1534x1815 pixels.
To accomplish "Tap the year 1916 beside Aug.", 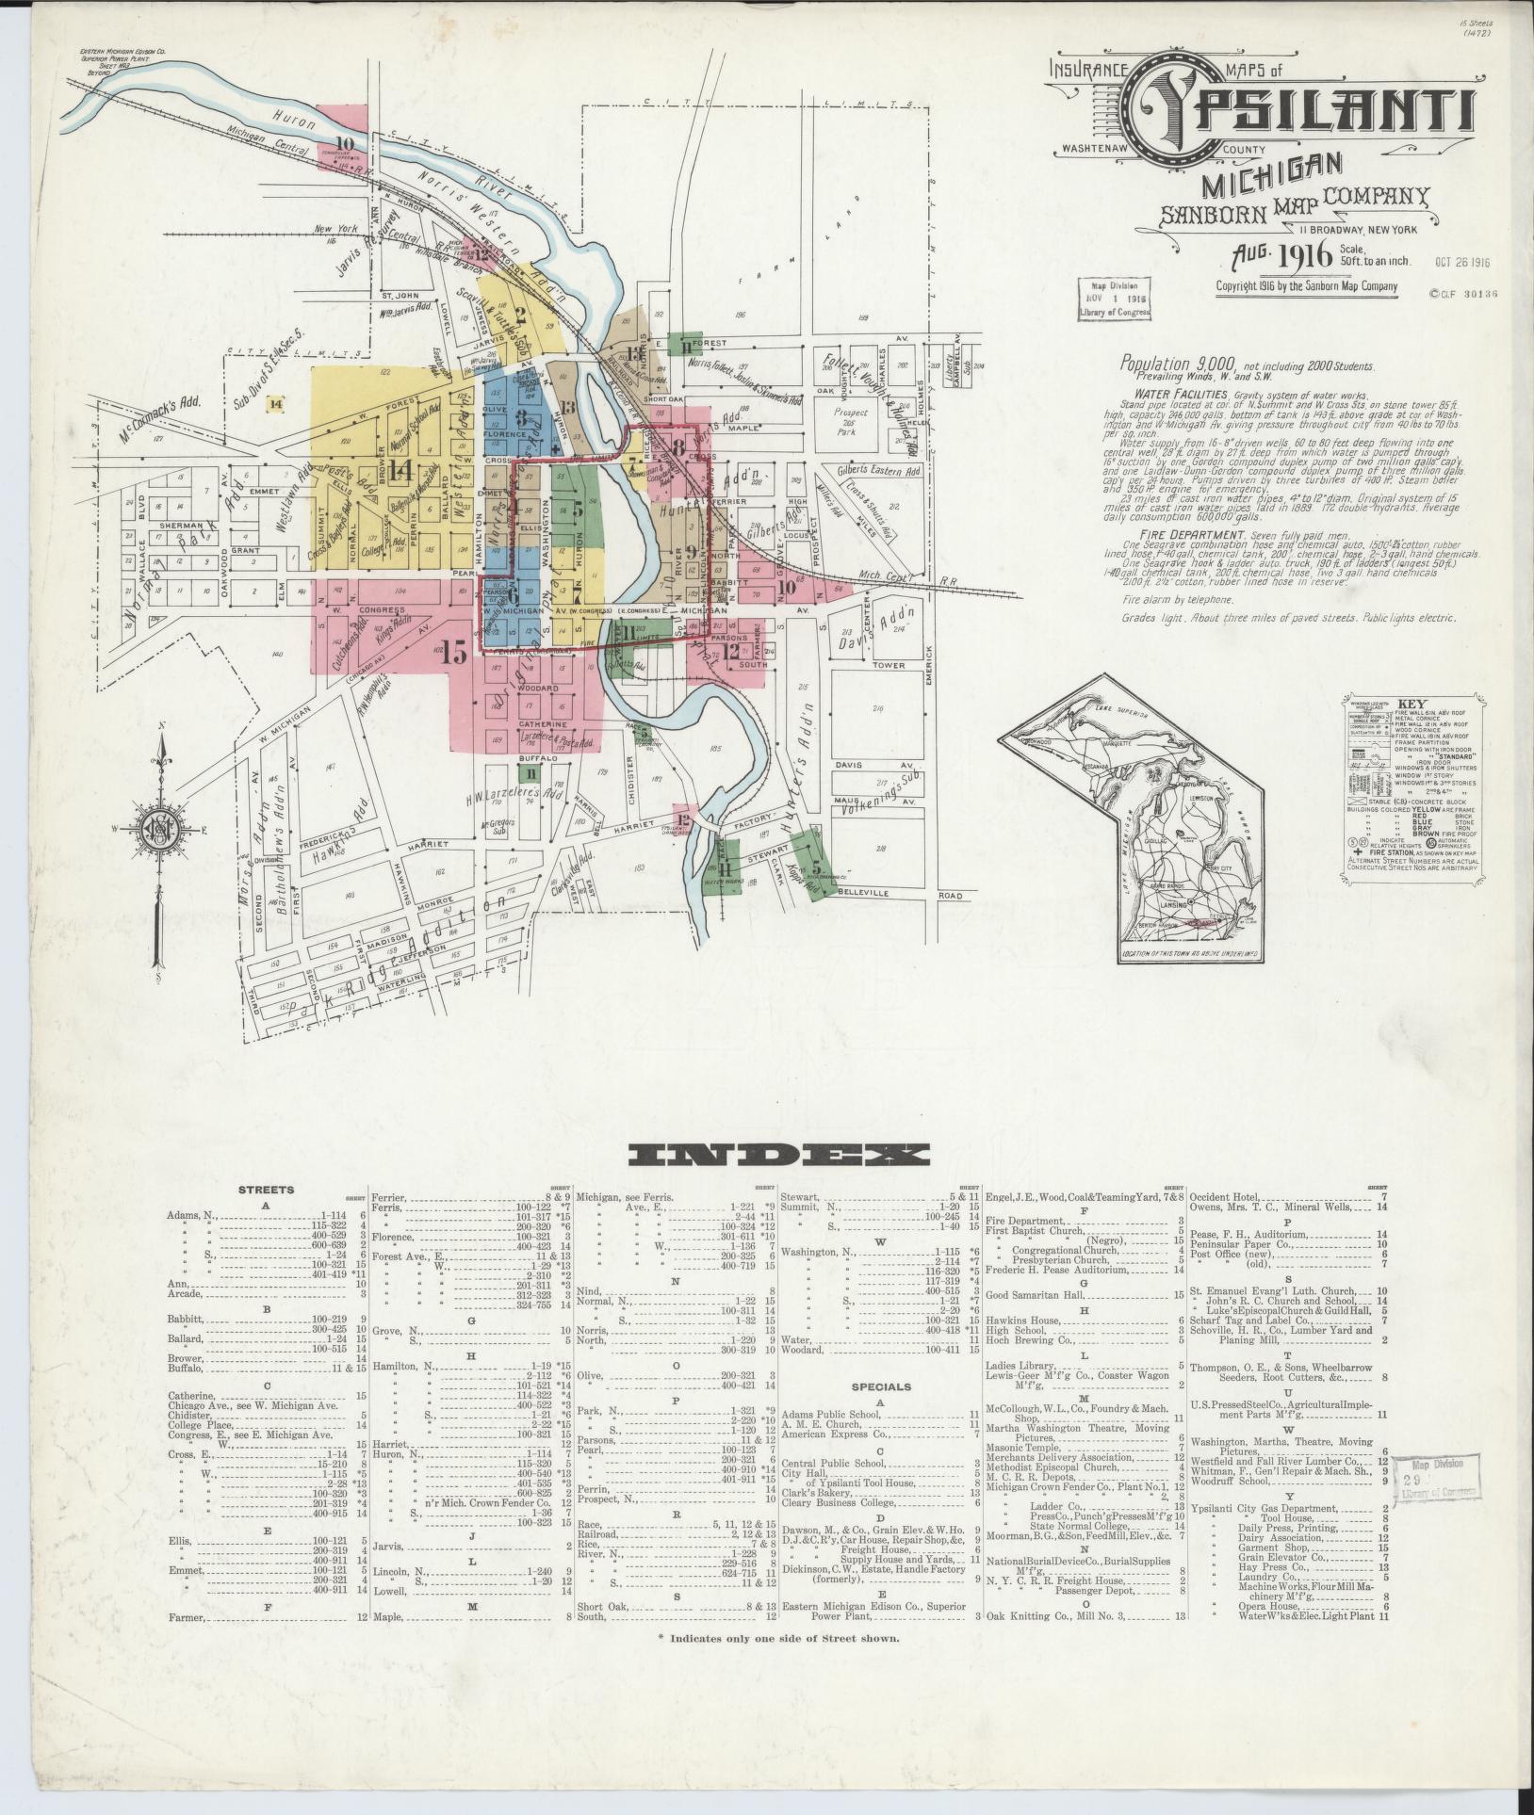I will (1303, 254).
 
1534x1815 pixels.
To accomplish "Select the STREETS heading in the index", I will (266, 1190).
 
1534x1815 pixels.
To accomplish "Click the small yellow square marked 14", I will (276, 404).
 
